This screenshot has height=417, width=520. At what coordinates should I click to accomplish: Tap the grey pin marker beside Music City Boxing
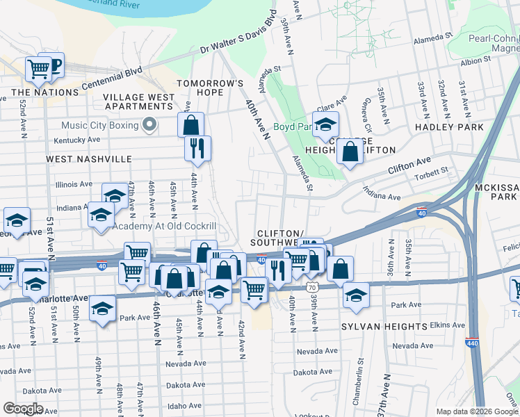click(148, 125)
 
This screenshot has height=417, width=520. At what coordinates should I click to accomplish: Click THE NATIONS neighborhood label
click(44, 92)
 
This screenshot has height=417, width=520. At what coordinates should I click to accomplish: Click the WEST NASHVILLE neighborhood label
click(89, 159)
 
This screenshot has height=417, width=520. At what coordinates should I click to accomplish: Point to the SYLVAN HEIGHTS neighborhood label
click(393, 326)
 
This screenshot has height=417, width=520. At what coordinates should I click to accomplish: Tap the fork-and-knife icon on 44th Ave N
click(197, 148)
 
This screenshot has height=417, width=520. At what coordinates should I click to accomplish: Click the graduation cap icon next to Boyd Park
click(325, 125)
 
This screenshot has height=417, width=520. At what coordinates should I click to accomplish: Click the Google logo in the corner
click(24, 409)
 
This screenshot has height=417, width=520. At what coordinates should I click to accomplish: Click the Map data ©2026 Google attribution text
click(476, 411)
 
